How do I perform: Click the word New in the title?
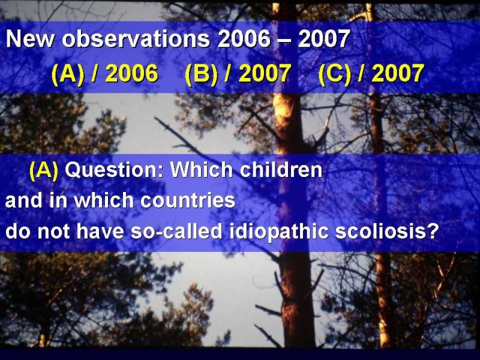click(30, 39)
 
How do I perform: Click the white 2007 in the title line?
click(324, 39)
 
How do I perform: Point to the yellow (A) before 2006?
click(68, 74)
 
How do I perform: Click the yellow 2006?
click(132, 73)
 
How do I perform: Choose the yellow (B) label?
click(201, 74)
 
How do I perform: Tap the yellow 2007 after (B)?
click(265, 73)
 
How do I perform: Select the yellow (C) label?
click(335, 74)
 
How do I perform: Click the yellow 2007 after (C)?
click(398, 73)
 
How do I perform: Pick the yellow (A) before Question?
click(44, 170)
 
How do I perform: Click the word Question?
click(115, 170)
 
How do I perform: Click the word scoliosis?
click(381, 231)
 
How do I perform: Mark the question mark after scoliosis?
click(433, 231)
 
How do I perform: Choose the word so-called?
click(176, 231)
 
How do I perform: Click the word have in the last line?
click(100, 231)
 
